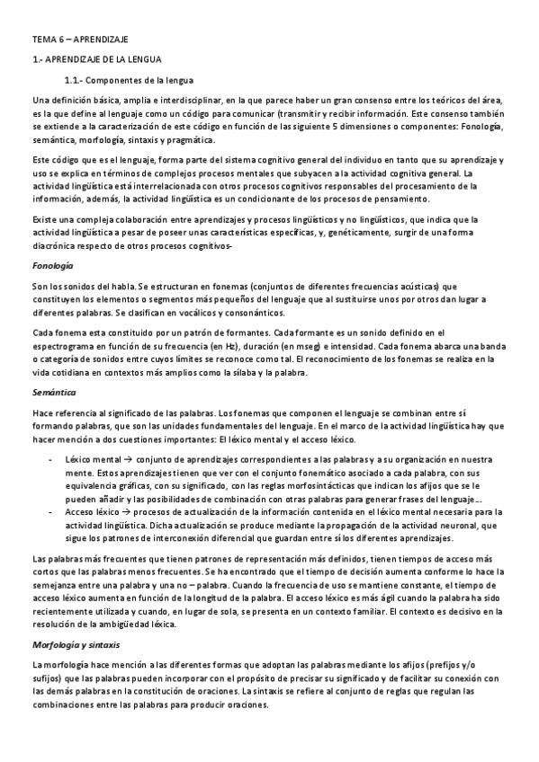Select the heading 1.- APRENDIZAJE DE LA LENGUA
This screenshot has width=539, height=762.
point(96,59)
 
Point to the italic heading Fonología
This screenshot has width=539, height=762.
point(52,267)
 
